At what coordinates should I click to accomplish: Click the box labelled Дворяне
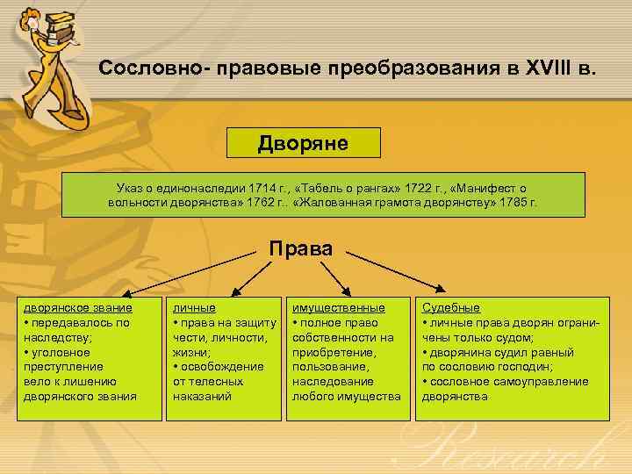coord(303,143)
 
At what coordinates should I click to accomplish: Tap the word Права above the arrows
coord(300,248)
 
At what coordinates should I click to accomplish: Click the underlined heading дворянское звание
coord(78,308)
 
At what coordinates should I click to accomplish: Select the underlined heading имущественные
coord(338,308)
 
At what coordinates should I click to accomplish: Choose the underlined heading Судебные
coord(450,308)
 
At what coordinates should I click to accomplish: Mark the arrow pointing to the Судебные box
coord(395,273)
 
